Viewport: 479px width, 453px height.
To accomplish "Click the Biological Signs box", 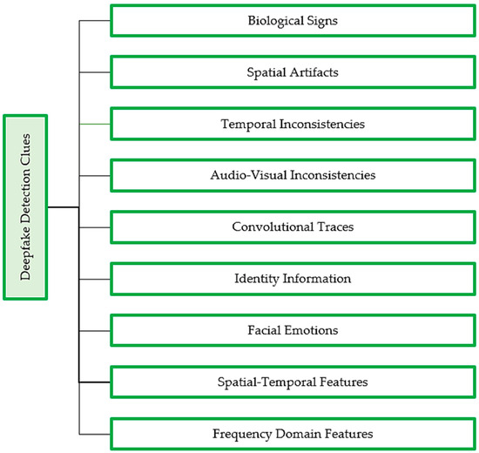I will point(292,21).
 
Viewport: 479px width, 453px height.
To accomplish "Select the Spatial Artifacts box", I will point(292,72).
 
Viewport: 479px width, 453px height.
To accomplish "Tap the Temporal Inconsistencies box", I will point(292,124).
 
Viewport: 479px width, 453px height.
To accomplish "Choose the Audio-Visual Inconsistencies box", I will point(292,175).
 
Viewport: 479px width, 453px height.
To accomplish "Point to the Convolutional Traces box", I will point(292,227).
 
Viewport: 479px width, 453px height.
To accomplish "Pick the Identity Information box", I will point(292,279).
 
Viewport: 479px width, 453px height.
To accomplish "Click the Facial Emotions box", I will point(292,330).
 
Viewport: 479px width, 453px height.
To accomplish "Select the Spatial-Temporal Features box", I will point(292,382).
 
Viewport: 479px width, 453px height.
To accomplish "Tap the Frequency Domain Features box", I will point(292,433).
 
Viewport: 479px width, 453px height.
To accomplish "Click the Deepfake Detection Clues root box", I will point(25,207).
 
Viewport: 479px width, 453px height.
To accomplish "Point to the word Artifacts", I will point(315,72).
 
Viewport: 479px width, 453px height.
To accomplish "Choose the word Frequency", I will point(239,433).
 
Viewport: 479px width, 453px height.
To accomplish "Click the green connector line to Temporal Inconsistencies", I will point(95,124).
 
